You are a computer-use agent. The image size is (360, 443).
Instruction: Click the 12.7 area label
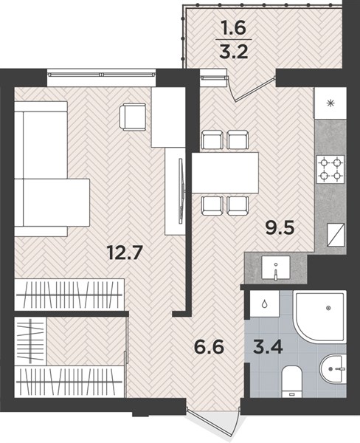click(x=124, y=253)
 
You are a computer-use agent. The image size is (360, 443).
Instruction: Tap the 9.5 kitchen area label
click(x=280, y=227)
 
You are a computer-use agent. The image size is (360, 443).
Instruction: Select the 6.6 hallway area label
click(x=209, y=347)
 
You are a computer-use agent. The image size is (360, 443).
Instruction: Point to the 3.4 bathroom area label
click(x=268, y=347)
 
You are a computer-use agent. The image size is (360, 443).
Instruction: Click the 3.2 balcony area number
click(x=234, y=51)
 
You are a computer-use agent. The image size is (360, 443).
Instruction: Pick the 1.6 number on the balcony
click(x=234, y=28)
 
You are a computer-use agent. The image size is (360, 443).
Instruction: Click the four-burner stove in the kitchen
click(x=330, y=170)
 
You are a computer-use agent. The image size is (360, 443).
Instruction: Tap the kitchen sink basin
click(x=276, y=267)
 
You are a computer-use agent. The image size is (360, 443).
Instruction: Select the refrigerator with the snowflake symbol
click(x=330, y=103)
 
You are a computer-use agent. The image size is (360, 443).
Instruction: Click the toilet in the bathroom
click(x=292, y=381)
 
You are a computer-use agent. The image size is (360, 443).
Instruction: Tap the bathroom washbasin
click(x=333, y=368)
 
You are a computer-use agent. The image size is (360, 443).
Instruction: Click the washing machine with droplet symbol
click(x=265, y=303)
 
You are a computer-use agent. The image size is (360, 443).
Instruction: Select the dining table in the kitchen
click(x=225, y=173)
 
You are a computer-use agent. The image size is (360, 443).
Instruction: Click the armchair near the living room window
click(x=133, y=117)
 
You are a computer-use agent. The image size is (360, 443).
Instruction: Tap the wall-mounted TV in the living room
click(x=181, y=191)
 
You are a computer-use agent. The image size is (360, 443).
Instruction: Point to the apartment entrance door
click(x=213, y=421)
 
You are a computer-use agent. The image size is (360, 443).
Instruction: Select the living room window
click(x=102, y=75)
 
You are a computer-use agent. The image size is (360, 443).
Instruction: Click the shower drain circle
click(x=328, y=308)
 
